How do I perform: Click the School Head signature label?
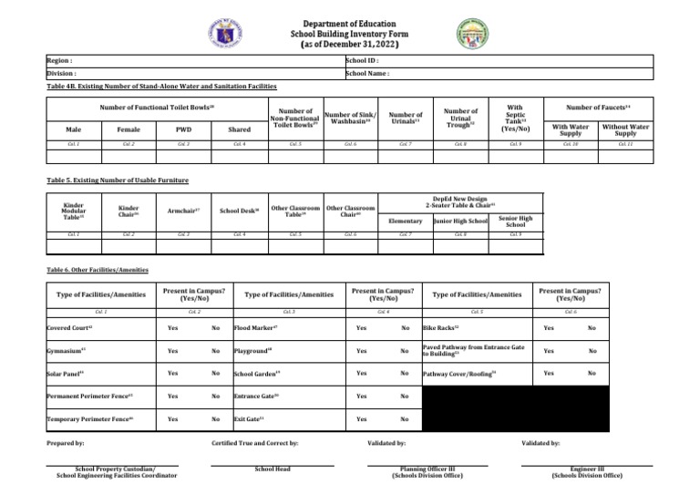(272, 470)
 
